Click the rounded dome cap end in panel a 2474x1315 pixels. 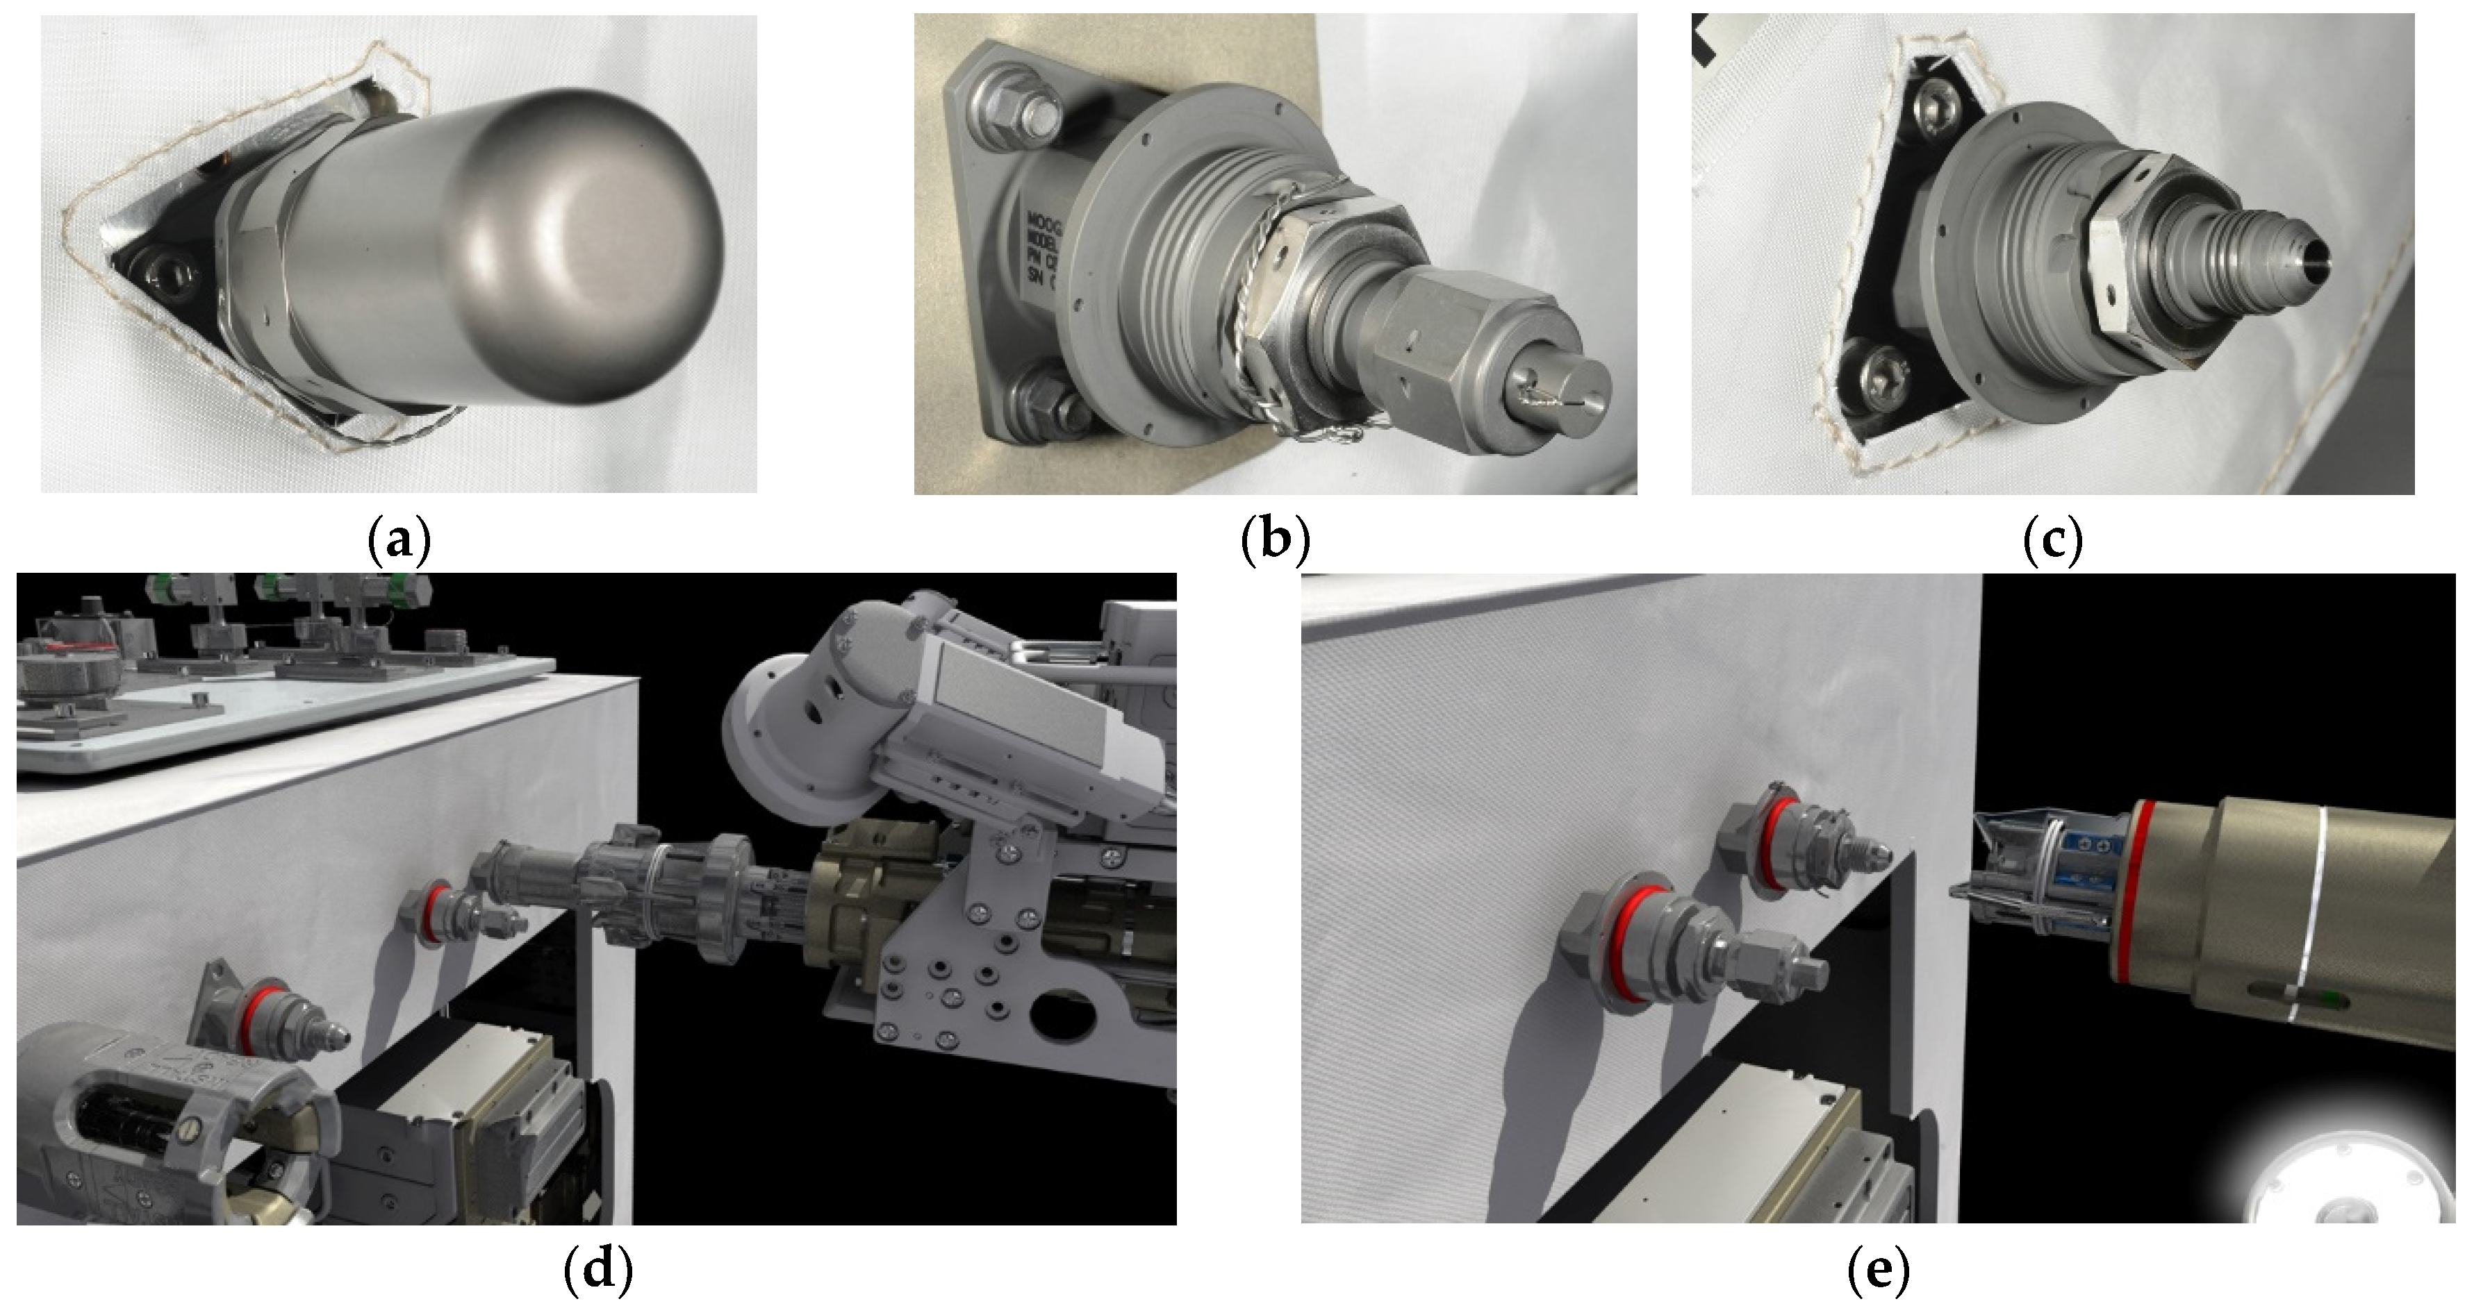[x=595, y=240]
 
